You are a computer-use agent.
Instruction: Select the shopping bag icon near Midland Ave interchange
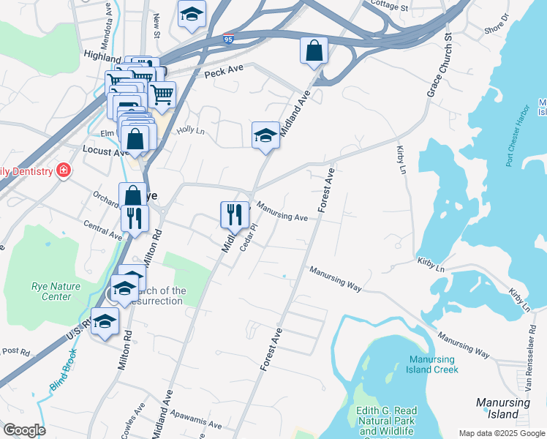(x=314, y=50)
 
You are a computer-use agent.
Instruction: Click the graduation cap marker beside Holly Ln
(x=265, y=135)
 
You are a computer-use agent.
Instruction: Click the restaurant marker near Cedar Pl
(x=233, y=214)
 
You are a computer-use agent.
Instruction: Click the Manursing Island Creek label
(x=434, y=364)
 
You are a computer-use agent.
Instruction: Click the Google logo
(x=23, y=430)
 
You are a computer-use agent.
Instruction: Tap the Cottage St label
(x=389, y=7)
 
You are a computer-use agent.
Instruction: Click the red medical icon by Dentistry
(x=64, y=170)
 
